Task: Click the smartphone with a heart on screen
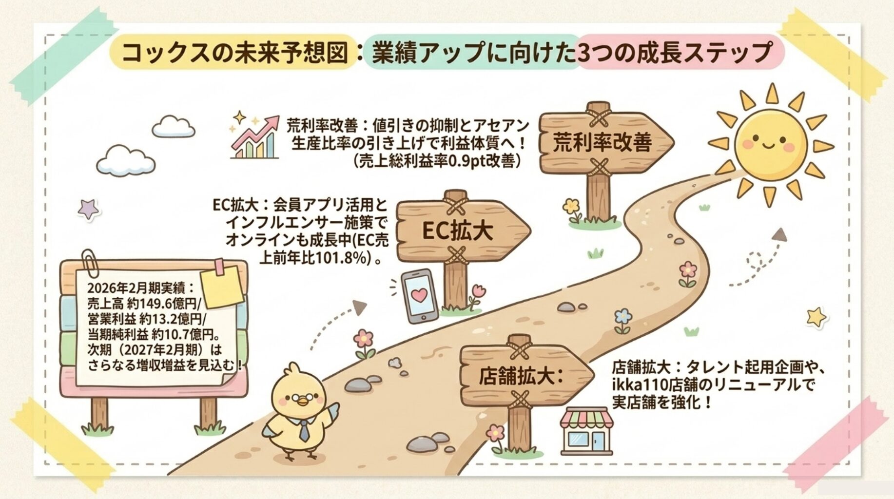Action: (419, 296)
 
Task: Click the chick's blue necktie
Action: (304, 429)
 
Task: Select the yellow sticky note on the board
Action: (222, 288)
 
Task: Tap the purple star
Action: (88, 209)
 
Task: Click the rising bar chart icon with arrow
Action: (254, 137)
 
